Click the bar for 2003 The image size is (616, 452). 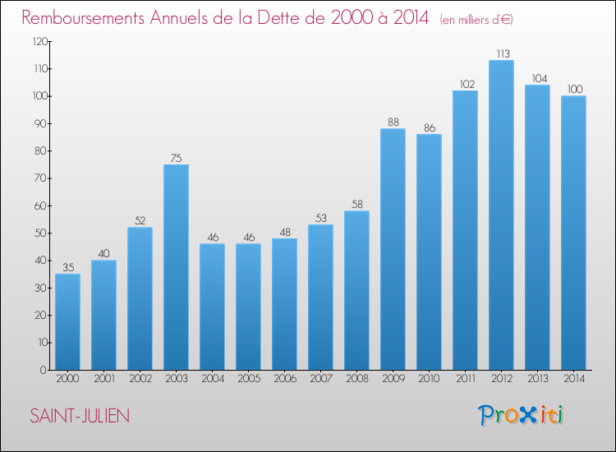(x=176, y=267)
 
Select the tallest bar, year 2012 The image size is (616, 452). (x=501, y=214)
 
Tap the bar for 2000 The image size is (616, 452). (x=67, y=321)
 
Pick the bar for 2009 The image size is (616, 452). (x=393, y=249)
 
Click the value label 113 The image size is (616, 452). (x=501, y=54)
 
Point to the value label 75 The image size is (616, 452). (x=176, y=159)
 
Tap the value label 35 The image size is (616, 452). (x=67, y=268)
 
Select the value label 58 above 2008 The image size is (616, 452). (x=356, y=205)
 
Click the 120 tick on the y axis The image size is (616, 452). (x=38, y=42)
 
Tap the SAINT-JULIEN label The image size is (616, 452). (x=80, y=416)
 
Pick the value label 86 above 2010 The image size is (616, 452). (x=429, y=128)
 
